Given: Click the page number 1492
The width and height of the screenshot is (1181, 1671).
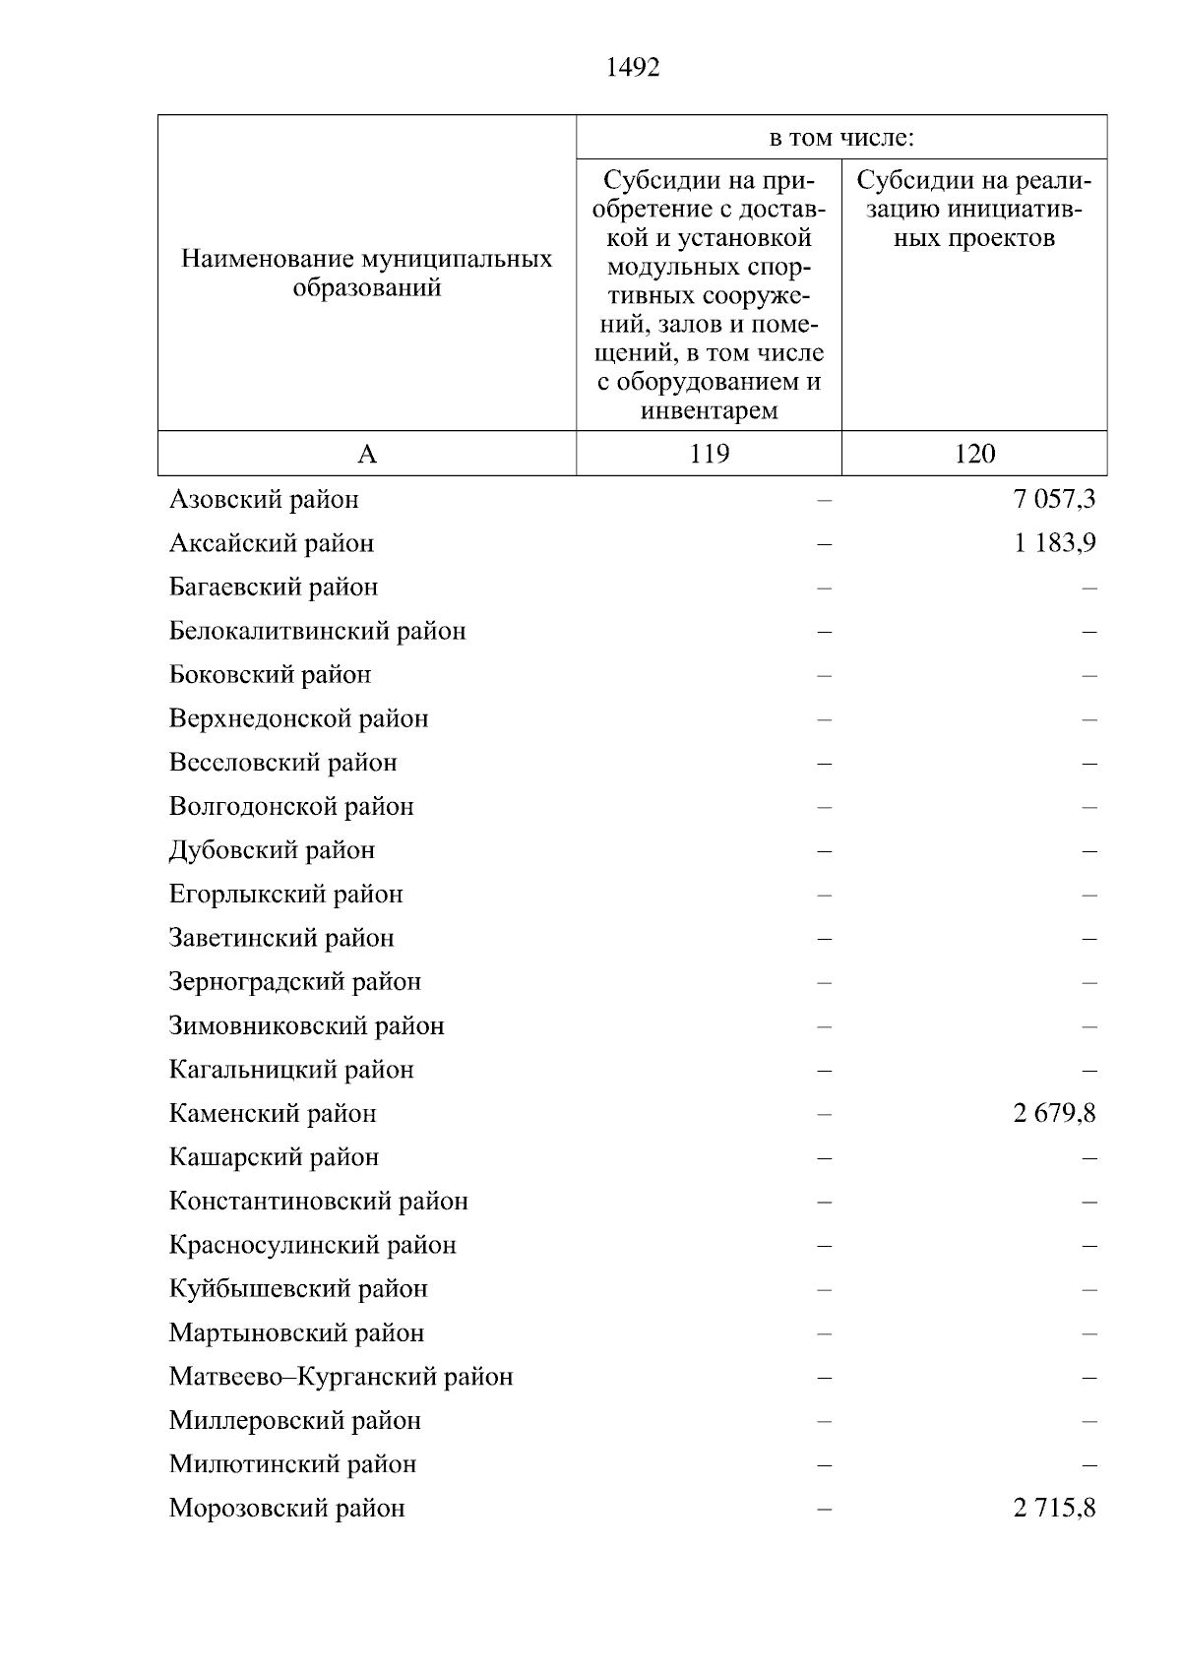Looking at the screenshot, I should click(633, 68).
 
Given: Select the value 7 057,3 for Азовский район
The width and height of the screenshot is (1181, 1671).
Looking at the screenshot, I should click(1054, 500).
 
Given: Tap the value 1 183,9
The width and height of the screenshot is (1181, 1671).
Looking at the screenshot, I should click(1054, 543).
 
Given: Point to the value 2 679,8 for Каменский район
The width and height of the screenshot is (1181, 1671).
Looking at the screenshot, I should click(1054, 1114).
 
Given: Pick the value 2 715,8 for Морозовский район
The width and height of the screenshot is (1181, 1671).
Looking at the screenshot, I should click(1054, 1509).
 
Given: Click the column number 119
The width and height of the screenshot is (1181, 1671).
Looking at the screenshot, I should click(709, 454).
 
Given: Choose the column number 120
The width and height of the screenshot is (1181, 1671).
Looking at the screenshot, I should click(974, 454).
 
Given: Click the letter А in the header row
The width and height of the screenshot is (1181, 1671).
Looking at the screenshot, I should click(367, 454).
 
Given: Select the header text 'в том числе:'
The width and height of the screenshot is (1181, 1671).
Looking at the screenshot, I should click(841, 138).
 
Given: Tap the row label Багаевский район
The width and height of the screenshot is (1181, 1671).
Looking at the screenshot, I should click(274, 588).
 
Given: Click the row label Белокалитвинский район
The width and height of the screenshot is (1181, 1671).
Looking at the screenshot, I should click(317, 631).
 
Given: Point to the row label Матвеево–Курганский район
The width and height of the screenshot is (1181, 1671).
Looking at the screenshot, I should click(341, 1377).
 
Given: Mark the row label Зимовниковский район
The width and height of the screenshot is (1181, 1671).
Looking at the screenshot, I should click(306, 1026).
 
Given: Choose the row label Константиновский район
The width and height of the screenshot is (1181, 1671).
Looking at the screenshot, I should click(318, 1202).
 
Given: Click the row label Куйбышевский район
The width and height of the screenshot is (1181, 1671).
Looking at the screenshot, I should click(298, 1289).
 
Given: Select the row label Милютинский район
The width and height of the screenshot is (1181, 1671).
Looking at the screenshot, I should click(292, 1464).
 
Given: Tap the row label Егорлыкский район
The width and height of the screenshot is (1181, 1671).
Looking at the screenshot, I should click(285, 895).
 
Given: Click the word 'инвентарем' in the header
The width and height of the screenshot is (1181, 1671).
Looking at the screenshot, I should click(709, 410).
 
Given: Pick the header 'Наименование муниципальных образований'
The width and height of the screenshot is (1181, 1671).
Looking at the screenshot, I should click(367, 274).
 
